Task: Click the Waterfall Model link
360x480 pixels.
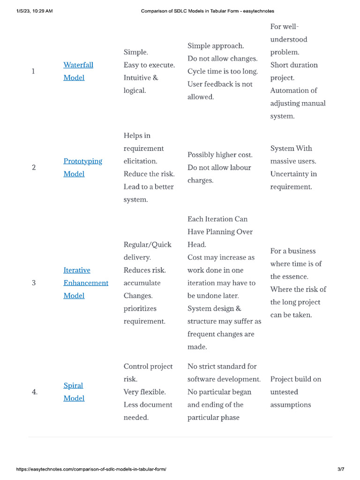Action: [78, 65]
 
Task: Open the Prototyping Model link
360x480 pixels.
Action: [82, 161]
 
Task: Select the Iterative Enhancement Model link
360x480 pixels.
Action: [86, 283]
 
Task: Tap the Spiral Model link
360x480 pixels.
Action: [74, 386]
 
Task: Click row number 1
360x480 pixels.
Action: [33, 71]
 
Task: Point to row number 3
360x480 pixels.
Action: [34, 283]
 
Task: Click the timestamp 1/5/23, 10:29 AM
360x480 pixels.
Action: [34, 11]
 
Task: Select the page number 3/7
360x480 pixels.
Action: [341, 469]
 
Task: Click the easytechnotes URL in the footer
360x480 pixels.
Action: [91, 469]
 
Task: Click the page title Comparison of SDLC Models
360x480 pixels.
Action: [208, 11]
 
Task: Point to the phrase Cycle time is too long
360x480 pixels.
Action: [223, 71]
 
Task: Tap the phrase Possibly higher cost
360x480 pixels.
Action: [220, 155]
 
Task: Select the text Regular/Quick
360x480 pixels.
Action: [148, 245]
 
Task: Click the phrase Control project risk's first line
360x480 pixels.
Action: [148, 367]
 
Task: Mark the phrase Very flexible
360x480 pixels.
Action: [145, 392]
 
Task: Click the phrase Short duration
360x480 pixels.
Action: [294, 65]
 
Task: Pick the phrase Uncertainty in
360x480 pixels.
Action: [293, 174]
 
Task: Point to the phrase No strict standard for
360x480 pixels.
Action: [222, 367]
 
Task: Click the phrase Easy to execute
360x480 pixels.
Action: [149, 65]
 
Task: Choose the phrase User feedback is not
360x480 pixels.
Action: [220, 84]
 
